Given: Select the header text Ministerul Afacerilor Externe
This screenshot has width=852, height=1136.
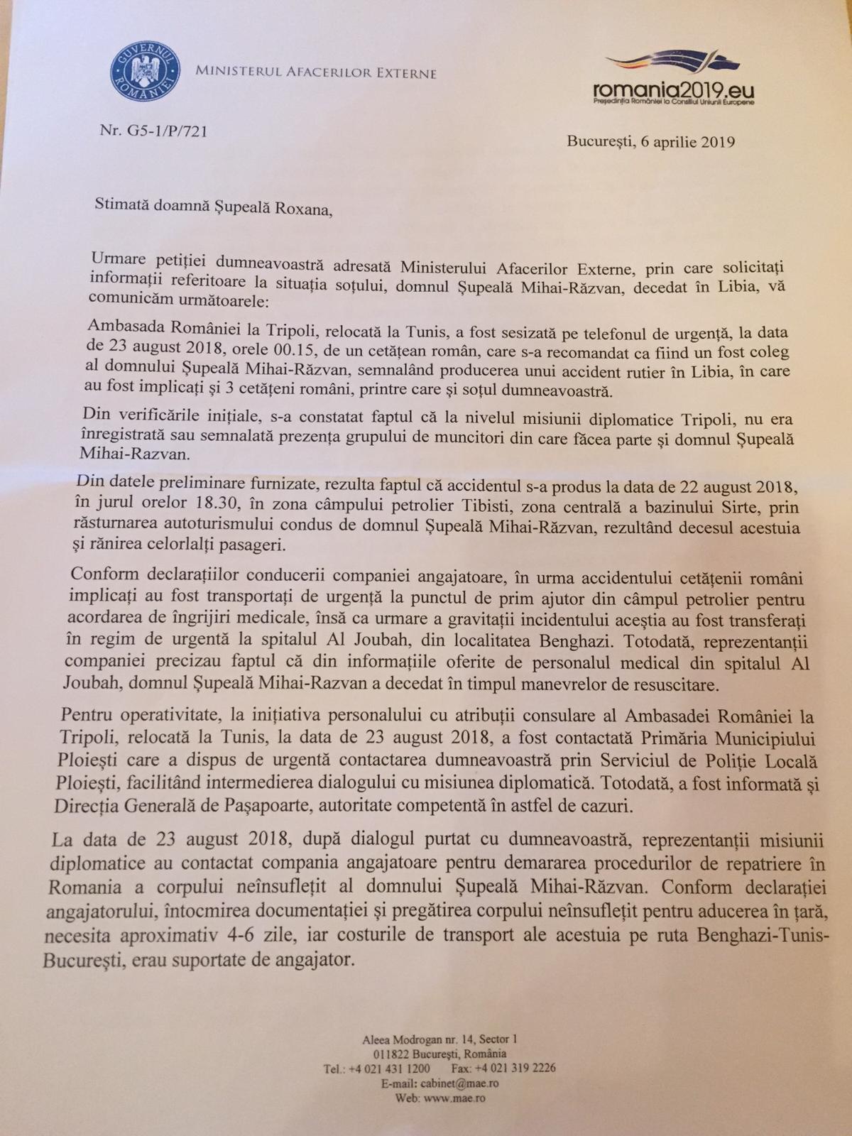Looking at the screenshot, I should [315, 72].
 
